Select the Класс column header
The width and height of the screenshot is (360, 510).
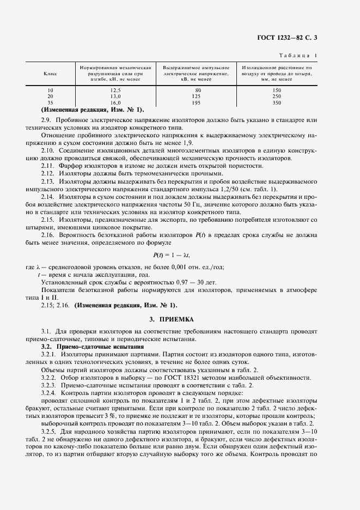[50, 73]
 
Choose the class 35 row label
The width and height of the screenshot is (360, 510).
[50, 102]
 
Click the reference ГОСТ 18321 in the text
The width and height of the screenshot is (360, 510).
[162, 377]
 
